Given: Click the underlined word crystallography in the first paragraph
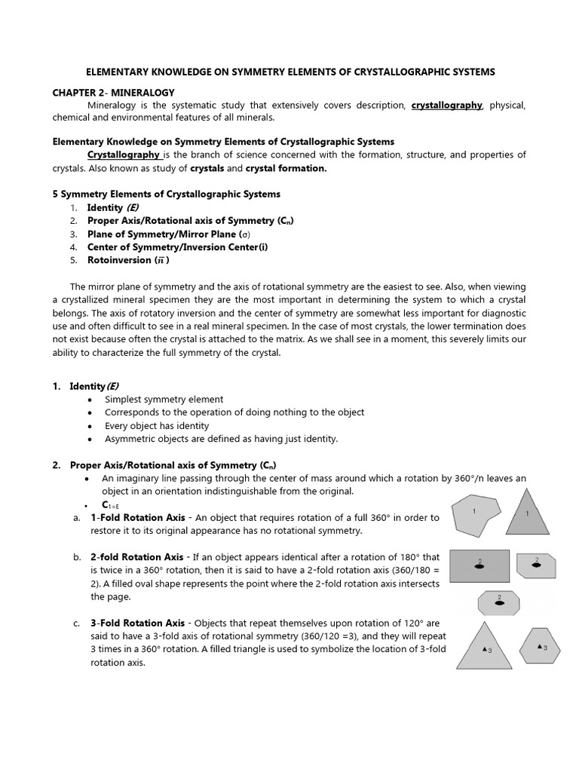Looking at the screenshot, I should click(446, 106).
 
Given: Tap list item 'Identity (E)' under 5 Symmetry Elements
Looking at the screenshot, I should click(113, 207).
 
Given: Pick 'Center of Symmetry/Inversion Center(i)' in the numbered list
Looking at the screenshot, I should click(177, 247).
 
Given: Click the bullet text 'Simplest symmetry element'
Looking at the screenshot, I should click(164, 400).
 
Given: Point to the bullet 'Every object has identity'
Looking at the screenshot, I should click(157, 425).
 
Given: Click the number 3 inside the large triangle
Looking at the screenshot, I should click(490, 651).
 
